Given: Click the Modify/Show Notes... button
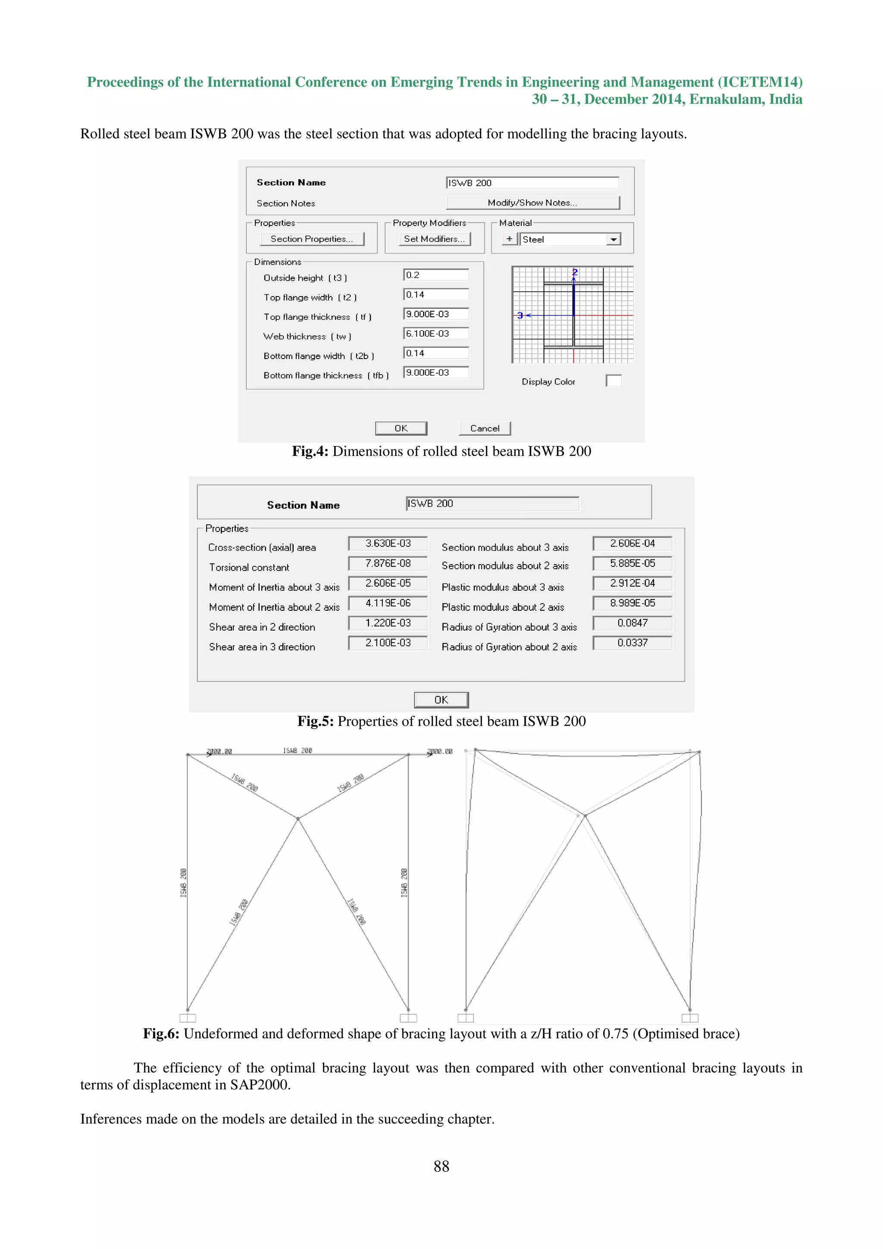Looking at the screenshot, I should click(532, 203).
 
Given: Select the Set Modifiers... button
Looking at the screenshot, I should click(434, 239).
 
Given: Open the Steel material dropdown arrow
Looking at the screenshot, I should click(613, 239).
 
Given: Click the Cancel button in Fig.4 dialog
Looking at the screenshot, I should click(484, 428).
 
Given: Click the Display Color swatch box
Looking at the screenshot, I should click(614, 381).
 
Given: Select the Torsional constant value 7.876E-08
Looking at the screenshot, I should click(388, 563).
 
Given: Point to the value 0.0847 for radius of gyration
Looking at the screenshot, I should click(632, 623).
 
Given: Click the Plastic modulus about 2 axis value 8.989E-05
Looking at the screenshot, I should click(632, 603).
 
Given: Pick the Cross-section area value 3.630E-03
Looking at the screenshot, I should click(388, 543).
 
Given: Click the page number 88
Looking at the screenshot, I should click(441, 1166).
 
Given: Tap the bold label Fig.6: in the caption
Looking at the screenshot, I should click(161, 1034).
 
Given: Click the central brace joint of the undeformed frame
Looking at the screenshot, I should click(297, 818).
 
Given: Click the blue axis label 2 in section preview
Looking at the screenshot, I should click(575, 272).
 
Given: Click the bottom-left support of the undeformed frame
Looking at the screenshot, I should click(188, 1016).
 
